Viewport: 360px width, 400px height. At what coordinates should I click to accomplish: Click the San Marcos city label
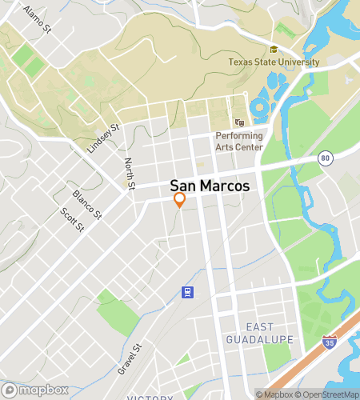coord(210,186)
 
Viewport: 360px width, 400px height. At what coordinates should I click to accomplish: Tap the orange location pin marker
coord(180,200)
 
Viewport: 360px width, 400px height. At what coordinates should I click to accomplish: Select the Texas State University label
coord(274,62)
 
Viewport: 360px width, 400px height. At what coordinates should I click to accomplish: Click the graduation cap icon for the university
coord(274,50)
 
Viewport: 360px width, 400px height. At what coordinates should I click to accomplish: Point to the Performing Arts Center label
coord(239,142)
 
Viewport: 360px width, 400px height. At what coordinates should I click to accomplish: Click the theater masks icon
coord(239,122)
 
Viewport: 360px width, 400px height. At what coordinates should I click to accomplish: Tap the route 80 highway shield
coord(324,158)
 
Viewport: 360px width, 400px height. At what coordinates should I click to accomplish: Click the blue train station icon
coord(186,292)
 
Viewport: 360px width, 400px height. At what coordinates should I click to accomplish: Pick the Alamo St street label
coord(37,20)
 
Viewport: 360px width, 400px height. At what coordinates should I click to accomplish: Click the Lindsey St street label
coord(103,139)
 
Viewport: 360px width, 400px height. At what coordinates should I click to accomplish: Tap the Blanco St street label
coord(87,206)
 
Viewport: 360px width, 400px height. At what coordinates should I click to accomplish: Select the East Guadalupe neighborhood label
coord(270,334)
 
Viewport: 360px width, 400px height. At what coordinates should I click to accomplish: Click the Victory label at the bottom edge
coord(150,397)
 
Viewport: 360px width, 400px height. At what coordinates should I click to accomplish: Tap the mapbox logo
coord(38,390)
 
